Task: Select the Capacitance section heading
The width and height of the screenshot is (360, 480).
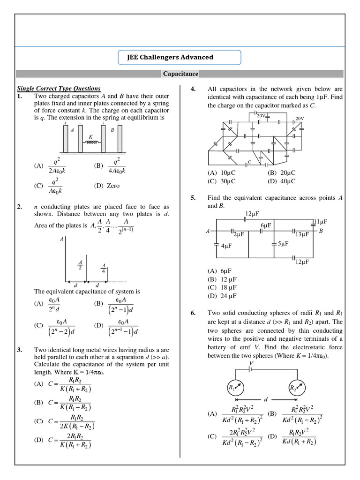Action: coord(180,74)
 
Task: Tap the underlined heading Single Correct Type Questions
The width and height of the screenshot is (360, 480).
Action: coord(59,88)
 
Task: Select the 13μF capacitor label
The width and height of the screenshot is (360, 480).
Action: coord(302,234)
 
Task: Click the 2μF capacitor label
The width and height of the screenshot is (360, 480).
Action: coord(239,234)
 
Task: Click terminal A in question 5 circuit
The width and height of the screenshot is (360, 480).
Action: coord(207,231)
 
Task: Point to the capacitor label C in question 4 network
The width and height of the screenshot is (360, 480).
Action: coord(250,162)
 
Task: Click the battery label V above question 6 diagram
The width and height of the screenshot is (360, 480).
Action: coord(252,363)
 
